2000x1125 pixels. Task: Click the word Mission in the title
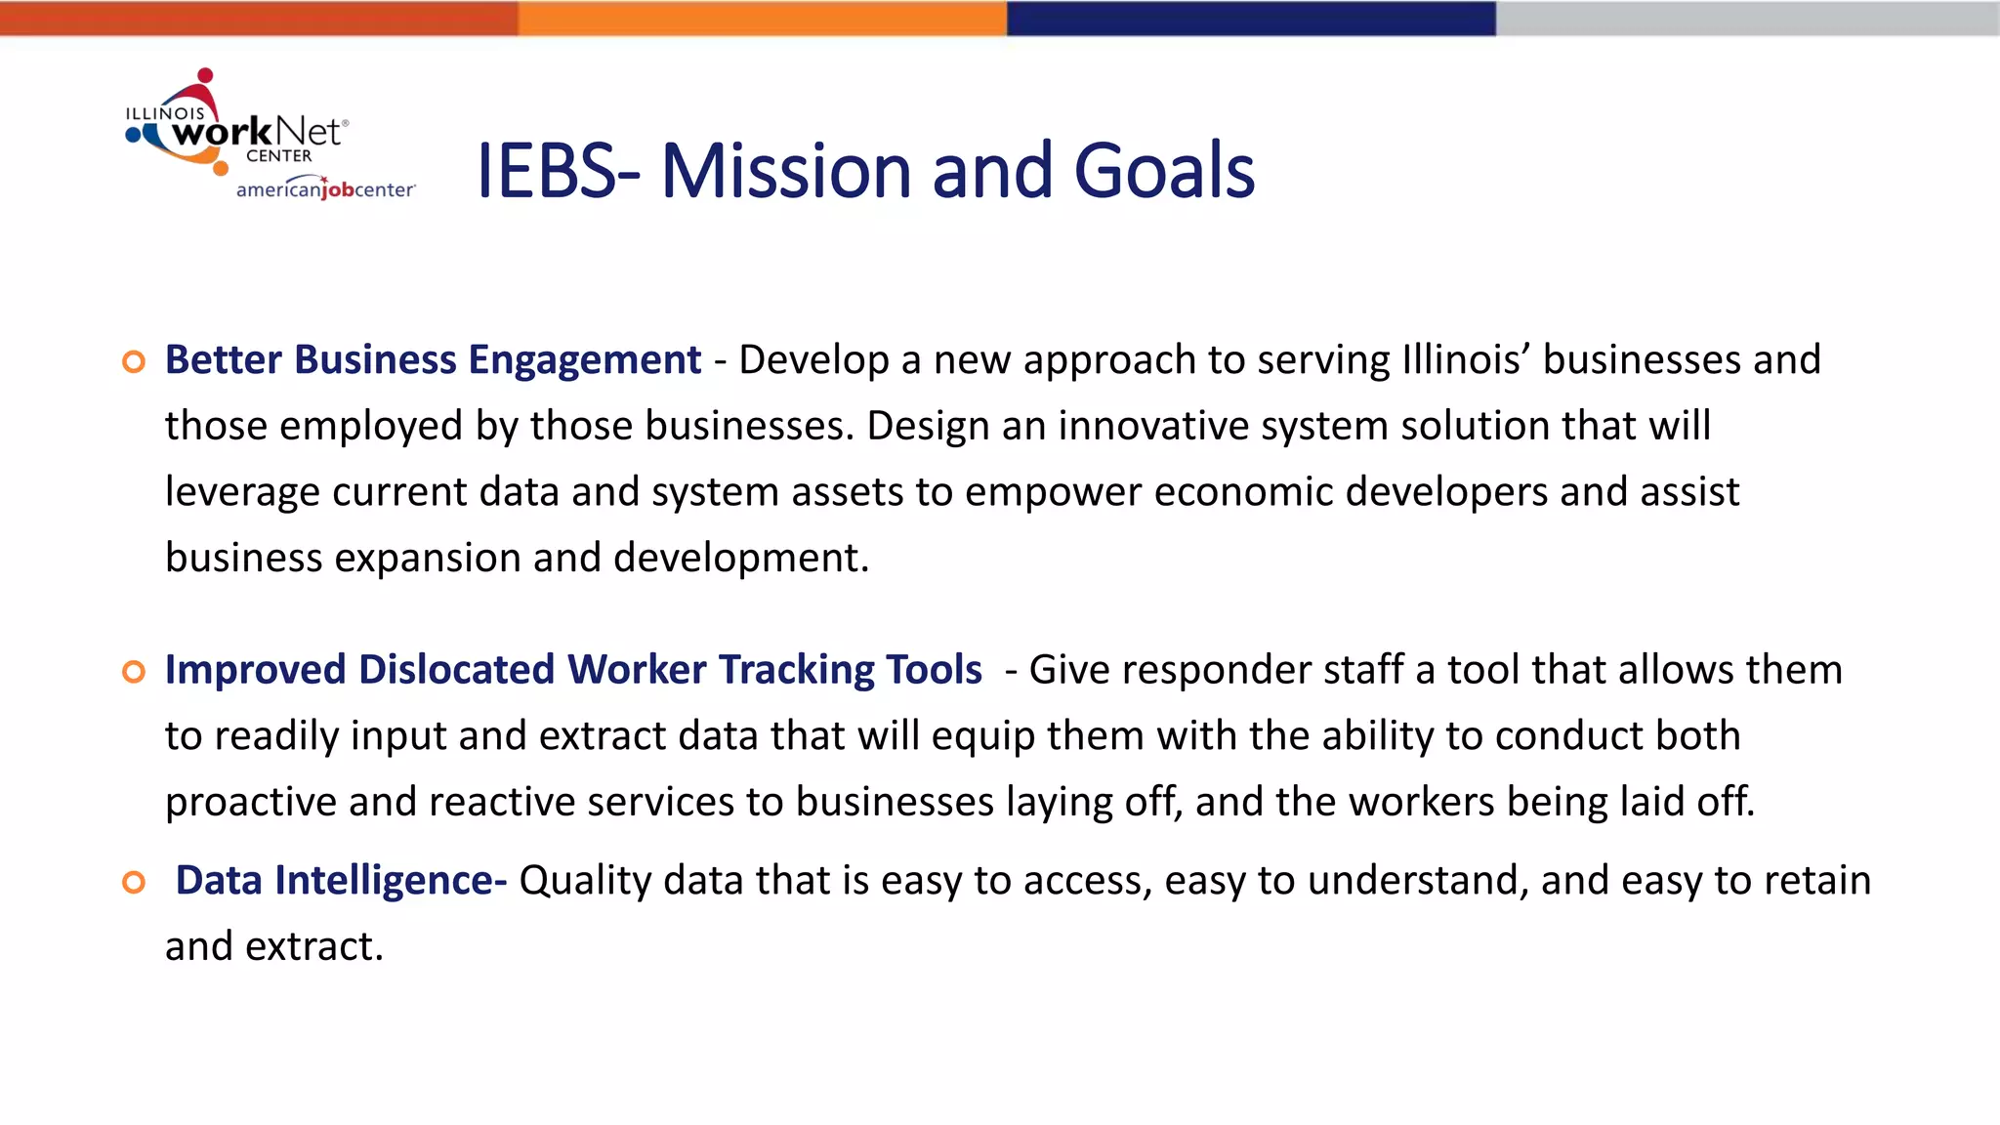point(787,171)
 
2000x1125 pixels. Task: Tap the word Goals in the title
point(1164,171)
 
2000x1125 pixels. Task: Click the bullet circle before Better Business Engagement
point(134,362)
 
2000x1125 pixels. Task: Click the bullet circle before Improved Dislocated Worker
point(134,672)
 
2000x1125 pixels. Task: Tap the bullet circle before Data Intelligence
point(134,883)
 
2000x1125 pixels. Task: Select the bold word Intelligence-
point(391,881)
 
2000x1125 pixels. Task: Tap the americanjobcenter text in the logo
point(325,189)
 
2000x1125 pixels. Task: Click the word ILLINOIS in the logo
point(165,113)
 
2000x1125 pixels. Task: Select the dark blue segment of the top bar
point(1251,18)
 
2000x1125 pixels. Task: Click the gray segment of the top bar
point(1747,18)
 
